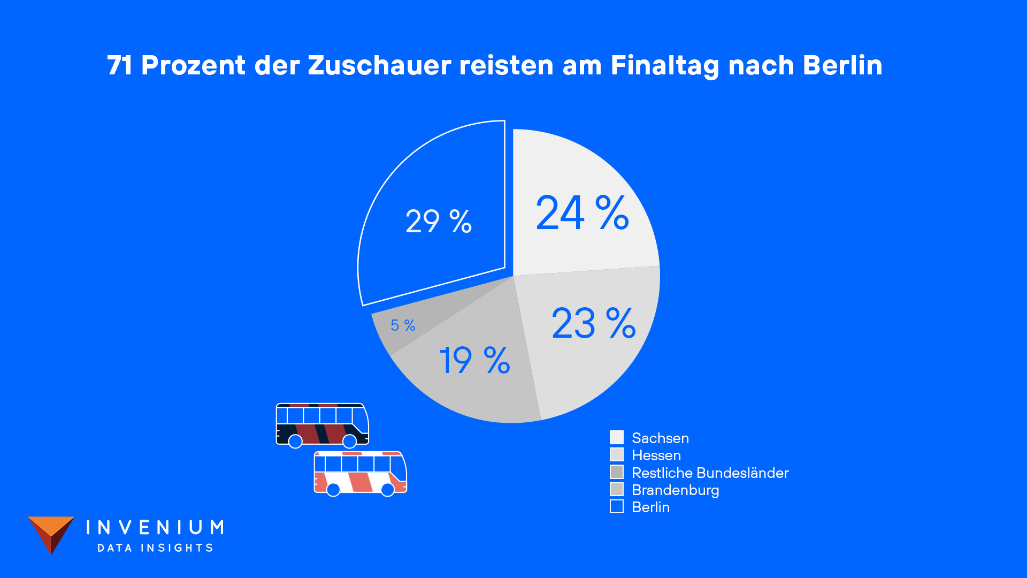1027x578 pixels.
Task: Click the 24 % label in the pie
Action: pyautogui.click(x=582, y=212)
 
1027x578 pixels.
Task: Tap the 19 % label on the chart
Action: pyautogui.click(x=474, y=360)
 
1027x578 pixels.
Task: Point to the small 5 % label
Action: pyautogui.click(x=403, y=325)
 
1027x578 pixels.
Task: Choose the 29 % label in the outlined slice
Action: pyautogui.click(x=439, y=221)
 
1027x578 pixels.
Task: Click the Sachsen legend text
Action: pyautogui.click(x=660, y=438)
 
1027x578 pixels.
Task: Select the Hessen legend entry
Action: pyautogui.click(x=656, y=455)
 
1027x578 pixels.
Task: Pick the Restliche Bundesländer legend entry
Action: pyautogui.click(x=710, y=473)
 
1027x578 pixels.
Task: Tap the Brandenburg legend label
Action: pyautogui.click(x=675, y=490)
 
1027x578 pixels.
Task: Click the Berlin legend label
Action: pyautogui.click(x=650, y=507)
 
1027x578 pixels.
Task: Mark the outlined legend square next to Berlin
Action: pyautogui.click(x=617, y=506)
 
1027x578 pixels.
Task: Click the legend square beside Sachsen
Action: pyautogui.click(x=617, y=437)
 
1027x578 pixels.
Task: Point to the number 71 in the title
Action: pyautogui.click(x=119, y=65)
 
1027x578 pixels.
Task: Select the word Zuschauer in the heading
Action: pyautogui.click(x=379, y=65)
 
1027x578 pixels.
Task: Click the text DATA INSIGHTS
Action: pyautogui.click(x=155, y=547)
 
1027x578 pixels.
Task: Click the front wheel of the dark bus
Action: pyautogui.click(x=349, y=441)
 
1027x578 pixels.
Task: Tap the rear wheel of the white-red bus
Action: pyautogui.click(x=333, y=490)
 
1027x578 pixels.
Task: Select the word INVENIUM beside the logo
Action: pyautogui.click(x=155, y=528)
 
